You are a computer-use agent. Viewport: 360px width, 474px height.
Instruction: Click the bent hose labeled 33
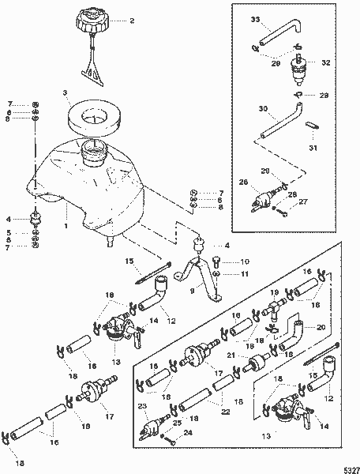click(x=273, y=36)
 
